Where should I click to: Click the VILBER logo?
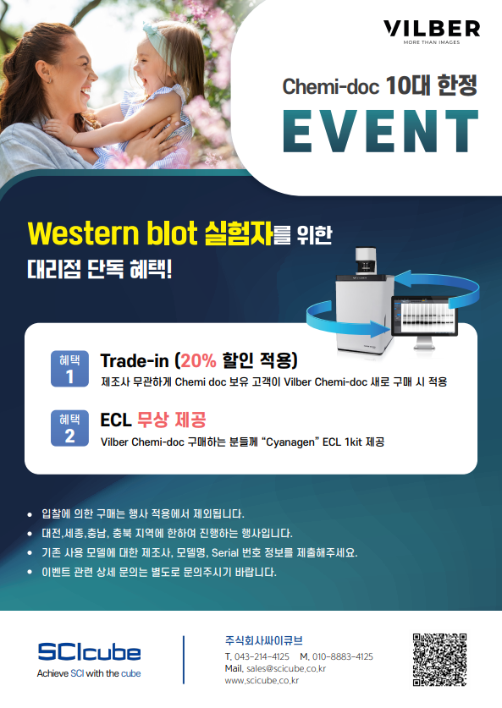point(432,31)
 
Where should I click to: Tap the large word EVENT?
point(380,131)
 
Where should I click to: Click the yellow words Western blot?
point(113,233)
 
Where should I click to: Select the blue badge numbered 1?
point(69,369)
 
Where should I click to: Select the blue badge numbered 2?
point(69,428)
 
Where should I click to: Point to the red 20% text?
point(198,360)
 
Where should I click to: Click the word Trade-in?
point(135,360)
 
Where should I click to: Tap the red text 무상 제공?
point(172,420)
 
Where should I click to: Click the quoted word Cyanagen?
point(290,442)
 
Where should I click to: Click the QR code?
point(439,660)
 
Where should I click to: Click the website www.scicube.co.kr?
point(262,680)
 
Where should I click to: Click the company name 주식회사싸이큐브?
point(263,640)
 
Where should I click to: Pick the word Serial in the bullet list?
point(225,552)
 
